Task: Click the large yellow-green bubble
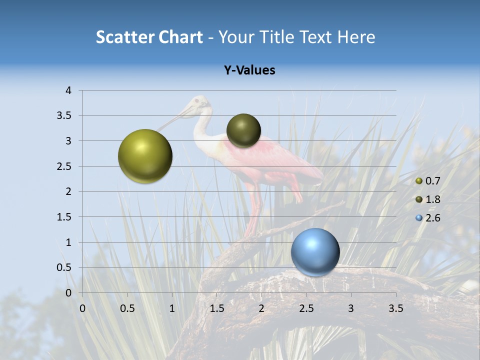coord(145,156)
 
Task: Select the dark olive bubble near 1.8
coord(243,130)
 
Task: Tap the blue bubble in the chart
coord(315,252)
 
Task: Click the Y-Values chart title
coord(249,70)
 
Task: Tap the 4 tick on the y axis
coord(69,90)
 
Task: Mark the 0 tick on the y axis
coord(69,293)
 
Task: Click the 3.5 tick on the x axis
coord(395,308)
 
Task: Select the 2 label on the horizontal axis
coord(261,308)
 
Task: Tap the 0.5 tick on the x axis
coord(127,308)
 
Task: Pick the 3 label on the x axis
coord(351,308)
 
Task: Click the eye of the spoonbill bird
coord(196,102)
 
